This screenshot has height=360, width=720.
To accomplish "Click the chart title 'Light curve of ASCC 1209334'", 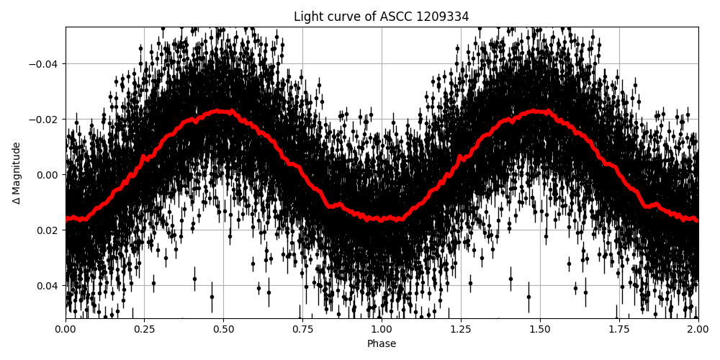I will point(381,17).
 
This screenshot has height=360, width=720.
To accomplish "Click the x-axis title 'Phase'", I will point(381,344).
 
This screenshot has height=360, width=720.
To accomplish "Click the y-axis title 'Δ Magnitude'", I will point(16,173).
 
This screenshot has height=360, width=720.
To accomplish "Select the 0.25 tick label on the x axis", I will point(144,330).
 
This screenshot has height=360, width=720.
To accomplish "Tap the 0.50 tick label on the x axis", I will point(223,330).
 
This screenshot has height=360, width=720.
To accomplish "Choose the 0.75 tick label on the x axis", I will point(302,330).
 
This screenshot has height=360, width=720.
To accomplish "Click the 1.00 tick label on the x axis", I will point(382,330).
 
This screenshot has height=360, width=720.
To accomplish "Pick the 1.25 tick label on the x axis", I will point(461,330).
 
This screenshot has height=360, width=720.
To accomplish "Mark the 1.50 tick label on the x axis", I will point(540,330).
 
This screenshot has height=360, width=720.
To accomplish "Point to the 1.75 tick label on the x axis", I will point(619,330).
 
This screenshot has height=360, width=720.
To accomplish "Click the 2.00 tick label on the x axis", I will point(698,330).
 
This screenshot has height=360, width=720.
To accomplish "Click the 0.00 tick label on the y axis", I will point(45,175).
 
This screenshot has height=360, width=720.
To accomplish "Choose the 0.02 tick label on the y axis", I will point(45,230).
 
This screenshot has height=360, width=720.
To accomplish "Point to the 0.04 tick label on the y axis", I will point(45,286).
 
